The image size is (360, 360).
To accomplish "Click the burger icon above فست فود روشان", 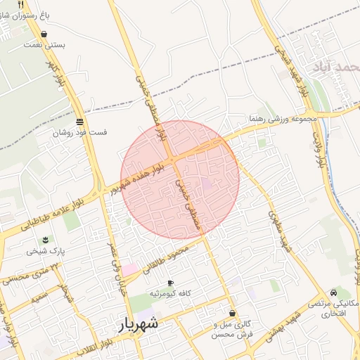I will click(79, 122).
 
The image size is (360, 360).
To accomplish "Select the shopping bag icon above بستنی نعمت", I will click(44, 34).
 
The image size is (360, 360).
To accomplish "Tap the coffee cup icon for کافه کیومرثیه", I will click(170, 283).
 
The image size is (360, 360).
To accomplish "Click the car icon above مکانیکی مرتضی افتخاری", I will click(333, 292).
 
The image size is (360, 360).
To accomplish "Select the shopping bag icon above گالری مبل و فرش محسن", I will click(232, 314).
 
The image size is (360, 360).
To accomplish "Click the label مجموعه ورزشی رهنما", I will click(283, 120).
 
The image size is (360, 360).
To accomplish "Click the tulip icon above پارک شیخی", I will click(47, 238).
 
